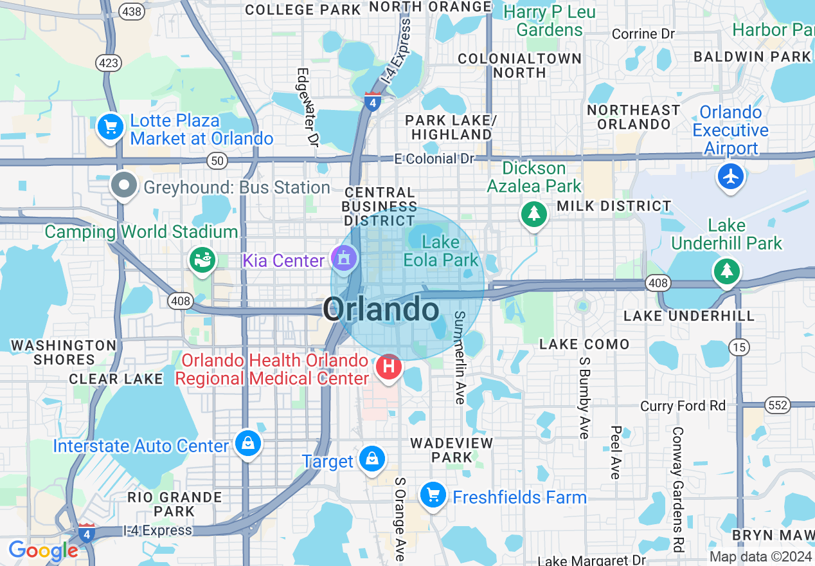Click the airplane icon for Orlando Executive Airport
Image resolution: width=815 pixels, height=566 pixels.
pos(731,176)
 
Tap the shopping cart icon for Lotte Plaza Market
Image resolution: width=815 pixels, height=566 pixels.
pos(111,127)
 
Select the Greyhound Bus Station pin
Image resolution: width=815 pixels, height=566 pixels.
pos(124,187)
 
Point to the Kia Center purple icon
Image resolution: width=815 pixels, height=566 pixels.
pos(344,259)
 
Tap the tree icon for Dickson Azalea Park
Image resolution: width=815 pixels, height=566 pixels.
pos(533,213)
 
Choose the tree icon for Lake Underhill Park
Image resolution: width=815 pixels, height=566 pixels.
pos(726,270)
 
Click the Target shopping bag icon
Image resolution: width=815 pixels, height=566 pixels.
pos(372,459)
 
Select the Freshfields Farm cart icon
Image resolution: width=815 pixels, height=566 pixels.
pos(433,495)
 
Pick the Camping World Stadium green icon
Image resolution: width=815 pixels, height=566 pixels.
pos(203,259)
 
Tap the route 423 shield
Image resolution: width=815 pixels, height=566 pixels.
pos(108,62)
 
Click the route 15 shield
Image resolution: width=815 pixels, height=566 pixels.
pos(739,347)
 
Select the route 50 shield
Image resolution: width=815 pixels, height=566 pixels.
pos(217,161)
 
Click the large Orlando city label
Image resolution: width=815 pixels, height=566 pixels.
pos(382,310)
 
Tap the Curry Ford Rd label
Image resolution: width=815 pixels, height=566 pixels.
pos(683,406)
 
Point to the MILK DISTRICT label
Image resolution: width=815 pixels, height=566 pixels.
pos(614,206)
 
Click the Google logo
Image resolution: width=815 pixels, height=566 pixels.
pos(43,551)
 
